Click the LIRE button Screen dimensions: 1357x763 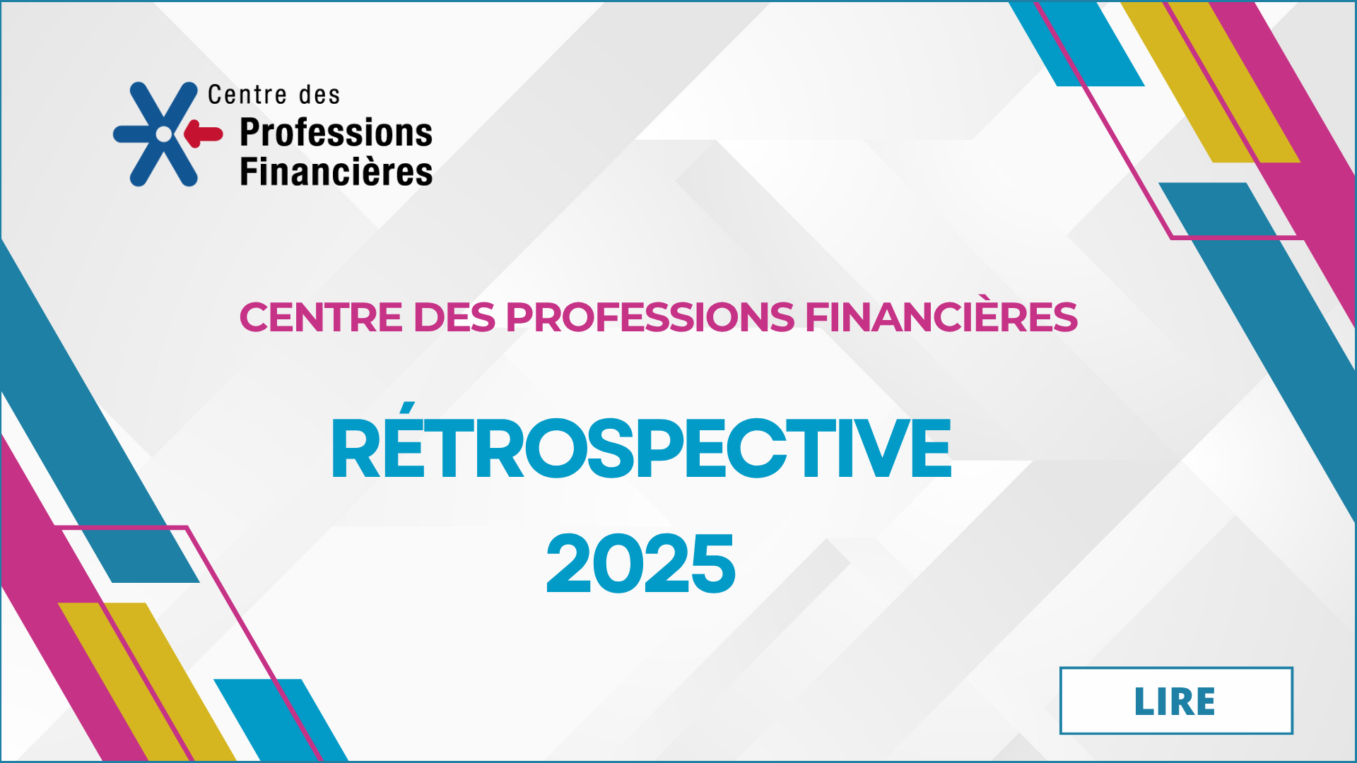1176,701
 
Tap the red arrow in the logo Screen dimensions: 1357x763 204,134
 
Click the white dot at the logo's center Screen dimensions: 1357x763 164,134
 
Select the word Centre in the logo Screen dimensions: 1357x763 247,95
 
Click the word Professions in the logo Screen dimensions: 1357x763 336,133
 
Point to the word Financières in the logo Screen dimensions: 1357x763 336,172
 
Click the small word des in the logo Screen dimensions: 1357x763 319,95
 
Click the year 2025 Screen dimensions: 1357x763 641,563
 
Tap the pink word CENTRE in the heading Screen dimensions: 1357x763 321,317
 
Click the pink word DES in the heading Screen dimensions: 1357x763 454,317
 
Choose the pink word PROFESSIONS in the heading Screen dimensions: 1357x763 650,317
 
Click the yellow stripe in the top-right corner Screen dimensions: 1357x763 1211,82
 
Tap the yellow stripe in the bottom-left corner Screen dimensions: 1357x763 147,682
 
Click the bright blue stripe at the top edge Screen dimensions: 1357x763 1076,44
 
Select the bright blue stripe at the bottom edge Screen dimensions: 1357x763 281,720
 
